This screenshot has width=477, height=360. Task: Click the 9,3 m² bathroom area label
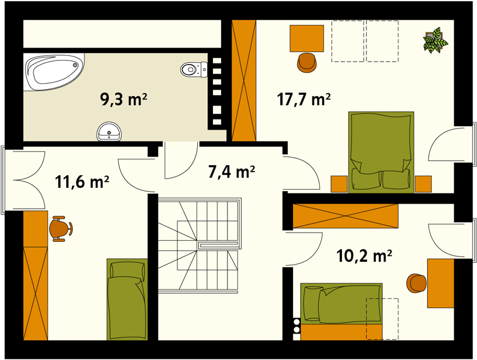coord(124,99)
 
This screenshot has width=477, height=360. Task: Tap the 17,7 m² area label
coord(304,99)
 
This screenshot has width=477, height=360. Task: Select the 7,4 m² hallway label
coord(232,172)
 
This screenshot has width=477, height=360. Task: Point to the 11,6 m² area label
coord(82,182)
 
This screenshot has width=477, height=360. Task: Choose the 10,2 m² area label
coord(364,256)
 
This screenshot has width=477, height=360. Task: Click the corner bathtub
coord(54,72)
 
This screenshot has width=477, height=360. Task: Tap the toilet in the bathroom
coord(194,70)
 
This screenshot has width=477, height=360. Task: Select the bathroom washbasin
coord(109,131)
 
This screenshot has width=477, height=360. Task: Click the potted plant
coord(435,40)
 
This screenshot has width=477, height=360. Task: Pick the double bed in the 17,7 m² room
coord(381,152)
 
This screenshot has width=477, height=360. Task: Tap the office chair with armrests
coord(61,229)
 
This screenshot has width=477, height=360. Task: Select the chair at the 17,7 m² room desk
coord(307,63)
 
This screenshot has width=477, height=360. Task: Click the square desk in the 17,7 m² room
coord(307,38)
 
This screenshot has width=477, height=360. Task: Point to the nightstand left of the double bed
coord(339,184)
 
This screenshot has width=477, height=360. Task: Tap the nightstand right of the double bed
coord(423,184)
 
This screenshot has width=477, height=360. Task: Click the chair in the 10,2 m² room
coord(416,283)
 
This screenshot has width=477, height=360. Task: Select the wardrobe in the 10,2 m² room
coord(346,216)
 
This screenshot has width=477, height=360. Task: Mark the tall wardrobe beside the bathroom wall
coord(244,81)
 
